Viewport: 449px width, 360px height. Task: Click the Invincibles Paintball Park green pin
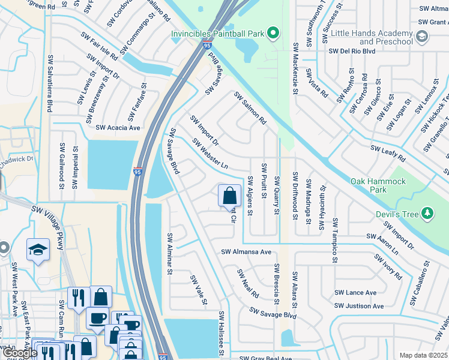point(273,32)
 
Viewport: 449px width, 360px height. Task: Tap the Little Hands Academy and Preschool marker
point(422,37)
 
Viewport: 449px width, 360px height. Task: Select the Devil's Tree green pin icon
point(427,212)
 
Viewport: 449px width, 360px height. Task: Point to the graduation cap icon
point(38,250)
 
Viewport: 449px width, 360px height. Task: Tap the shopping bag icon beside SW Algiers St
point(229,195)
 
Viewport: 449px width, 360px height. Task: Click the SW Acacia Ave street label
point(118,128)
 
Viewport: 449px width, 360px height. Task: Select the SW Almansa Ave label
point(246,253)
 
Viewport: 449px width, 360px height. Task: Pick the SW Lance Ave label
point(355,293)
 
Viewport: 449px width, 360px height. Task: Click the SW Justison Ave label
point(359,306)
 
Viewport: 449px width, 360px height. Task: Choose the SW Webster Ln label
point(210,154)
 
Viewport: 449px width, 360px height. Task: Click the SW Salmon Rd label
point(250,108)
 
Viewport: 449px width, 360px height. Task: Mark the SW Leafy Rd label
point(388,153)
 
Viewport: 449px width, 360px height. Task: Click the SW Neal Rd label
point(247,283)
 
